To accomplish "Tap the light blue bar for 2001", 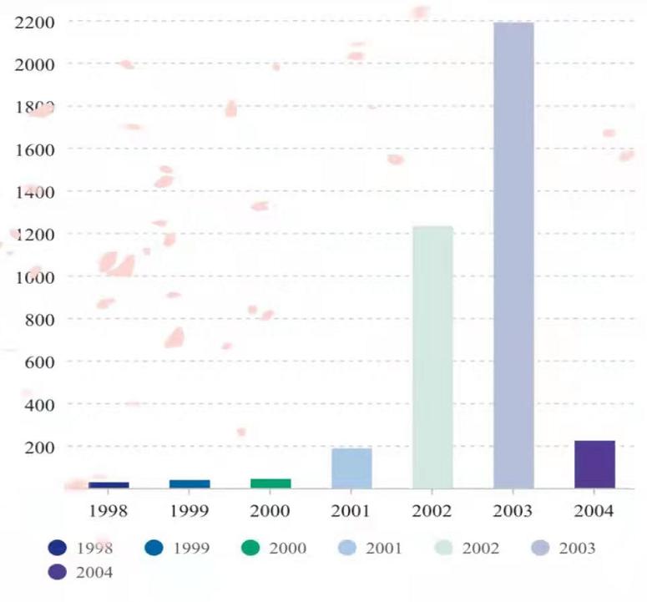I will tap(351, 468).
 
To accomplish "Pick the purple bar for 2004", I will tap(594, 464).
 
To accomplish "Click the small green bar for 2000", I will tap(270, 483).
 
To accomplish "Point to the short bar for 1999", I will tap(190, 484).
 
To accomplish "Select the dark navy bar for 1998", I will tap(109, 485).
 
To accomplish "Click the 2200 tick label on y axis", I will tap(34, 22).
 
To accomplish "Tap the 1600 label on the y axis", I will tap(34, 149).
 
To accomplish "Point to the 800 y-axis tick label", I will tap(38, 320).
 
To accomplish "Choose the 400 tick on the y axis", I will tap(38, 405).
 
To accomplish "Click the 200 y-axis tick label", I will tap(38, 448).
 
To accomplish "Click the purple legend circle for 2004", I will tap(58, 573).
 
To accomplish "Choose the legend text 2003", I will tap(577, 549).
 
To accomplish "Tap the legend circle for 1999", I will tap(154, 549).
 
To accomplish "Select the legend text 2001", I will tap(383, 549).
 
